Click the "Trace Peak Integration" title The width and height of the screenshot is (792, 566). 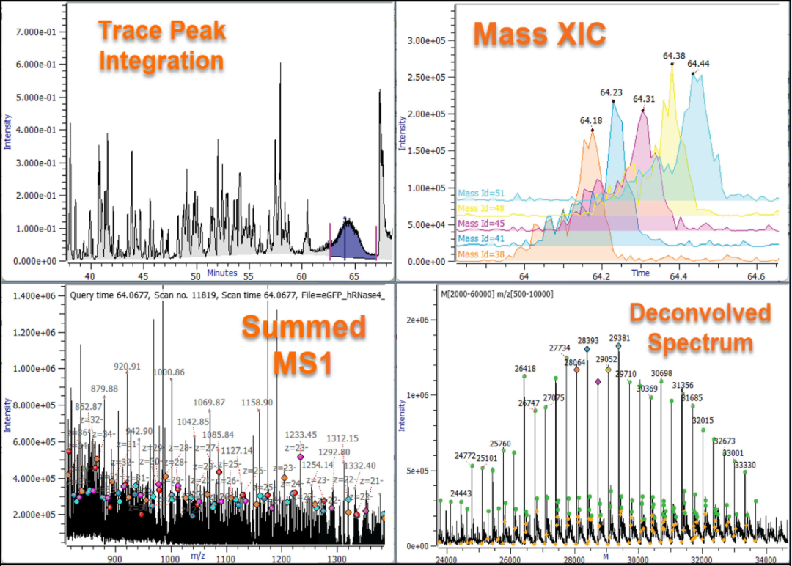point(161,45)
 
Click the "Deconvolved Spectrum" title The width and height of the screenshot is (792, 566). point(700,328)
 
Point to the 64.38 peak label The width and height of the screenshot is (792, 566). point(674,55)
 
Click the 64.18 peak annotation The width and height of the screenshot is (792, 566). point(591,120)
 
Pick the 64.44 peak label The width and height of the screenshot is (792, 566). point(698,64)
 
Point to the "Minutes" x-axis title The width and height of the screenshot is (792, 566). point(221,273)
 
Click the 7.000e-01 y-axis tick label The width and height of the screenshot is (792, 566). point(36,32)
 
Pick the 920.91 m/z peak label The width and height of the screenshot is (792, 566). point(127,366)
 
